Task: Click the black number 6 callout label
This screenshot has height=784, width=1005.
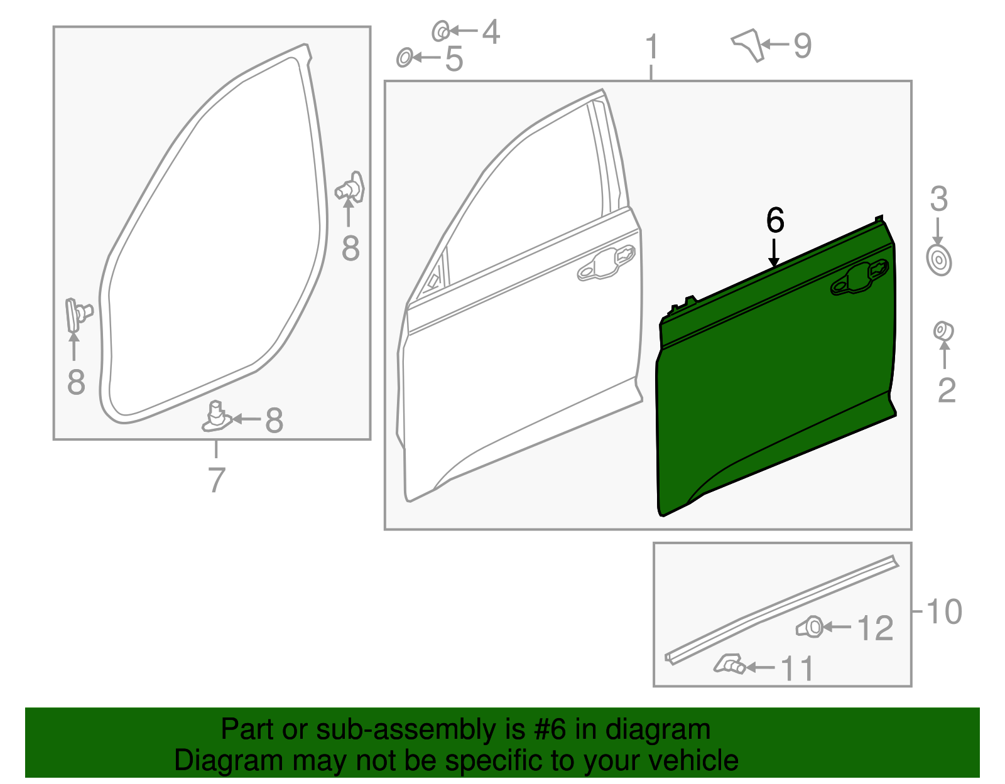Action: (x=775, y=221)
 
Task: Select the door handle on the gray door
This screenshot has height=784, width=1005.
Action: (x=606, y=264)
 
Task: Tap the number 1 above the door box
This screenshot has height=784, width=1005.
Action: (x=652, y=48)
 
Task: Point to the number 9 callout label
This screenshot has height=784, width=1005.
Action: (x=802, y=45)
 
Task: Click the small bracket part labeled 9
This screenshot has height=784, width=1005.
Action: (x=749, y=44)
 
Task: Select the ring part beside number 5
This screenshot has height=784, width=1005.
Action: (x=405, y=58)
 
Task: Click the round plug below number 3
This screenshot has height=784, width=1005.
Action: (x=938, y=260)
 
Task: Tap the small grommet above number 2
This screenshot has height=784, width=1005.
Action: (x=943, y=330)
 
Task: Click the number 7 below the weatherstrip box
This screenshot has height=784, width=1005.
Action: (x=216, y=480)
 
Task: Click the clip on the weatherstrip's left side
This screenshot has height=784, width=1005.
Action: (x=77, y=313)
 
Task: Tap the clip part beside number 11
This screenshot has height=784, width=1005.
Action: (x=730, y=664)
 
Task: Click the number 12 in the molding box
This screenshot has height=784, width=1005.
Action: (x=875, y=628)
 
